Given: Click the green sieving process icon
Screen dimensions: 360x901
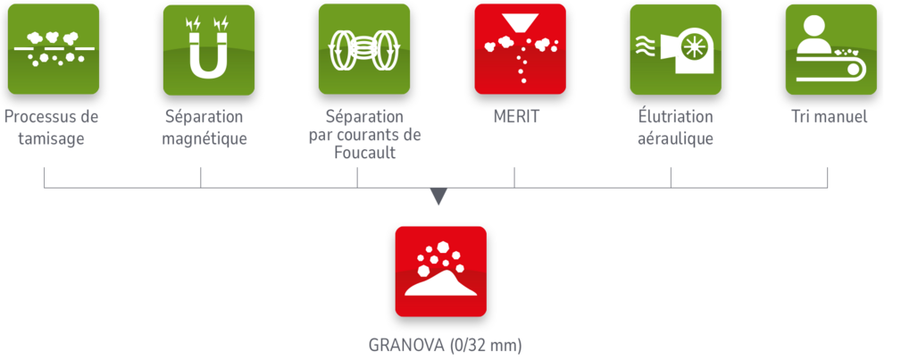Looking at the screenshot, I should click(53, 49).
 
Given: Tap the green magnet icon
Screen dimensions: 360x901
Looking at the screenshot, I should click(208, 49).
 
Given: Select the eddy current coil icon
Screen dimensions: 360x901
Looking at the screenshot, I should click(364, 49).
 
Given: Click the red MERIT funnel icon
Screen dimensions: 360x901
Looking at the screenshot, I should click(520, 49).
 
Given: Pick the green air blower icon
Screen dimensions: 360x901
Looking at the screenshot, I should click(675, 49).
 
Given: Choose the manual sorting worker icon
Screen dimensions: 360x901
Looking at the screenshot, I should click(830, 49).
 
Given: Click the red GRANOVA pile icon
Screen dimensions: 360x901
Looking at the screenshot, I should click(440, 272).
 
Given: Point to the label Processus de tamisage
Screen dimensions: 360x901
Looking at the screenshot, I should click(52, 128).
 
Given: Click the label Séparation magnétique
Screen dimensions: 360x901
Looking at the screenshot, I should click(206, 128).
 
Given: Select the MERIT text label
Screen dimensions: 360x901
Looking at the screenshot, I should click(515, 117).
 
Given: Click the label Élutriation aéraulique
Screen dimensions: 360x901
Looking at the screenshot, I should click(674, 128).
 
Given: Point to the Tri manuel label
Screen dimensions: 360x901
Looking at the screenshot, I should click(829, 117).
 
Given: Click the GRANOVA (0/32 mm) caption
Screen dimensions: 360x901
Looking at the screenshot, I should click(444, 345).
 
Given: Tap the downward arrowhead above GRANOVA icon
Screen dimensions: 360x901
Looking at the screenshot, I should click(437, 197).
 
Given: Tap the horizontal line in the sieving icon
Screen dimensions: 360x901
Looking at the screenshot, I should click(52, 46).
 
